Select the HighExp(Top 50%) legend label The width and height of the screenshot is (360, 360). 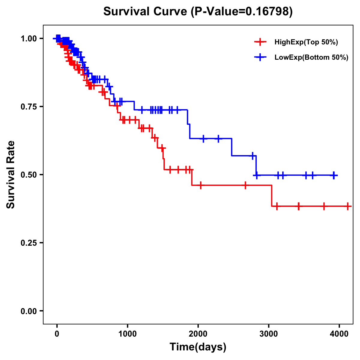click(x=306, y=42)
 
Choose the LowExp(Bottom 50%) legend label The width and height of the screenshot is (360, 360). click(x=311, y=58)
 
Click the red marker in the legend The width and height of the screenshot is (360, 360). click(x=260, y=42)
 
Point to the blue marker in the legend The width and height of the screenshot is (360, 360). click(x=260, y=57)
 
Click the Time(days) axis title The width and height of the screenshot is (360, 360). click(x=198, y=347)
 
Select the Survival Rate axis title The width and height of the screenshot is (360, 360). click(x=11, y=174)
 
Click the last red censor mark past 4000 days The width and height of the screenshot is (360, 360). click(x=348, y=206)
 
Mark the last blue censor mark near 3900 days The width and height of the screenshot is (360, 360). click(x=334, y=175)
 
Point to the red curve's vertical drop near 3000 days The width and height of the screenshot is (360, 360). click(x=272, y=196)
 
